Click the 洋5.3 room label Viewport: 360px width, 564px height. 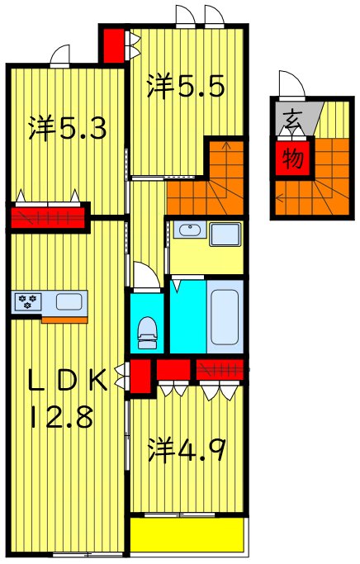coord(67,129)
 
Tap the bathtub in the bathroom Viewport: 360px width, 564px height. coord(225,315)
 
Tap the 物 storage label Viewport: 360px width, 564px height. coord(291,157)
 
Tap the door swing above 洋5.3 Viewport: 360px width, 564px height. coord(59,55)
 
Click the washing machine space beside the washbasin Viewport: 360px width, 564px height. coord(225,234)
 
